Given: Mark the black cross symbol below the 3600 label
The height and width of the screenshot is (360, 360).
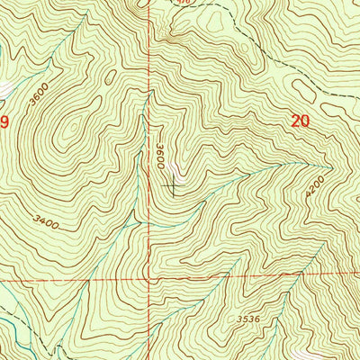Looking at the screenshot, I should pyautogui.click(x=173, y=186).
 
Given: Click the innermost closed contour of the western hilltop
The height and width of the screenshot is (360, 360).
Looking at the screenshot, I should pyautogui.click(x=67, y=135).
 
